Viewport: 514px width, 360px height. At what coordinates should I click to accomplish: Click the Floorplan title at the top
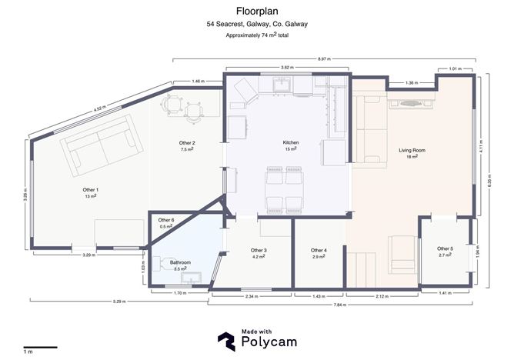(x=257, y=12)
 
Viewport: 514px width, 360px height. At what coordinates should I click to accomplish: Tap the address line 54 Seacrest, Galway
(x=257, y=25)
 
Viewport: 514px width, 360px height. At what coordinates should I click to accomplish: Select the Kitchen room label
(x=291, y=143)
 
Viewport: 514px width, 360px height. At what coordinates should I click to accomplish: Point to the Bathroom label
(x=181, y=262)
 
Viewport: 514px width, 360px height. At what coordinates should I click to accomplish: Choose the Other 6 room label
(x=167, y=221)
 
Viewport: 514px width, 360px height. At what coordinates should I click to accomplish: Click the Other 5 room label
(x=445, y=249)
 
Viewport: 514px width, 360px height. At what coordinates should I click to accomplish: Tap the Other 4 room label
(x=319, y=251)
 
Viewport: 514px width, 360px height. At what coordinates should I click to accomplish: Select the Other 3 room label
(x=259, y=251)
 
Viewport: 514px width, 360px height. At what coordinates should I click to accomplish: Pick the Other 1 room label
(x=91, y=189)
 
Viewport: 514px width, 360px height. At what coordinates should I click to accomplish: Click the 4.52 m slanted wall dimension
(x=100, y=108)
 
